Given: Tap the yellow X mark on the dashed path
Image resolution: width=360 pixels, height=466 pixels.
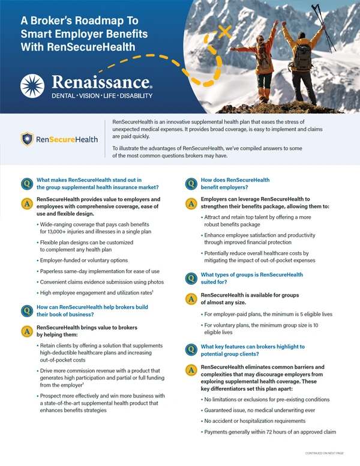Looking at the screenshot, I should tap(225, 31).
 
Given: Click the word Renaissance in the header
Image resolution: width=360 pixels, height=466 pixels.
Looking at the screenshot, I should tap(101, 82).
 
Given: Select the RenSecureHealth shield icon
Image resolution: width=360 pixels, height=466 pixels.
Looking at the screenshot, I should tap(27, 140).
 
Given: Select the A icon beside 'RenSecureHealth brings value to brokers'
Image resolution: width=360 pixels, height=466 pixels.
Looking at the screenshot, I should tap(26, 331).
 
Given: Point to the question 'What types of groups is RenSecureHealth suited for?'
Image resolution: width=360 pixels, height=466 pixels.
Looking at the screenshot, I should tap(251, 279).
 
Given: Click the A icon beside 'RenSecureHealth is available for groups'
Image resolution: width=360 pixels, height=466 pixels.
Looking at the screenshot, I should tap(190, 298).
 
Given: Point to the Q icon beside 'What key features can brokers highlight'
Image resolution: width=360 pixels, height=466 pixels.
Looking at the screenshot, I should tap(190, 350).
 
